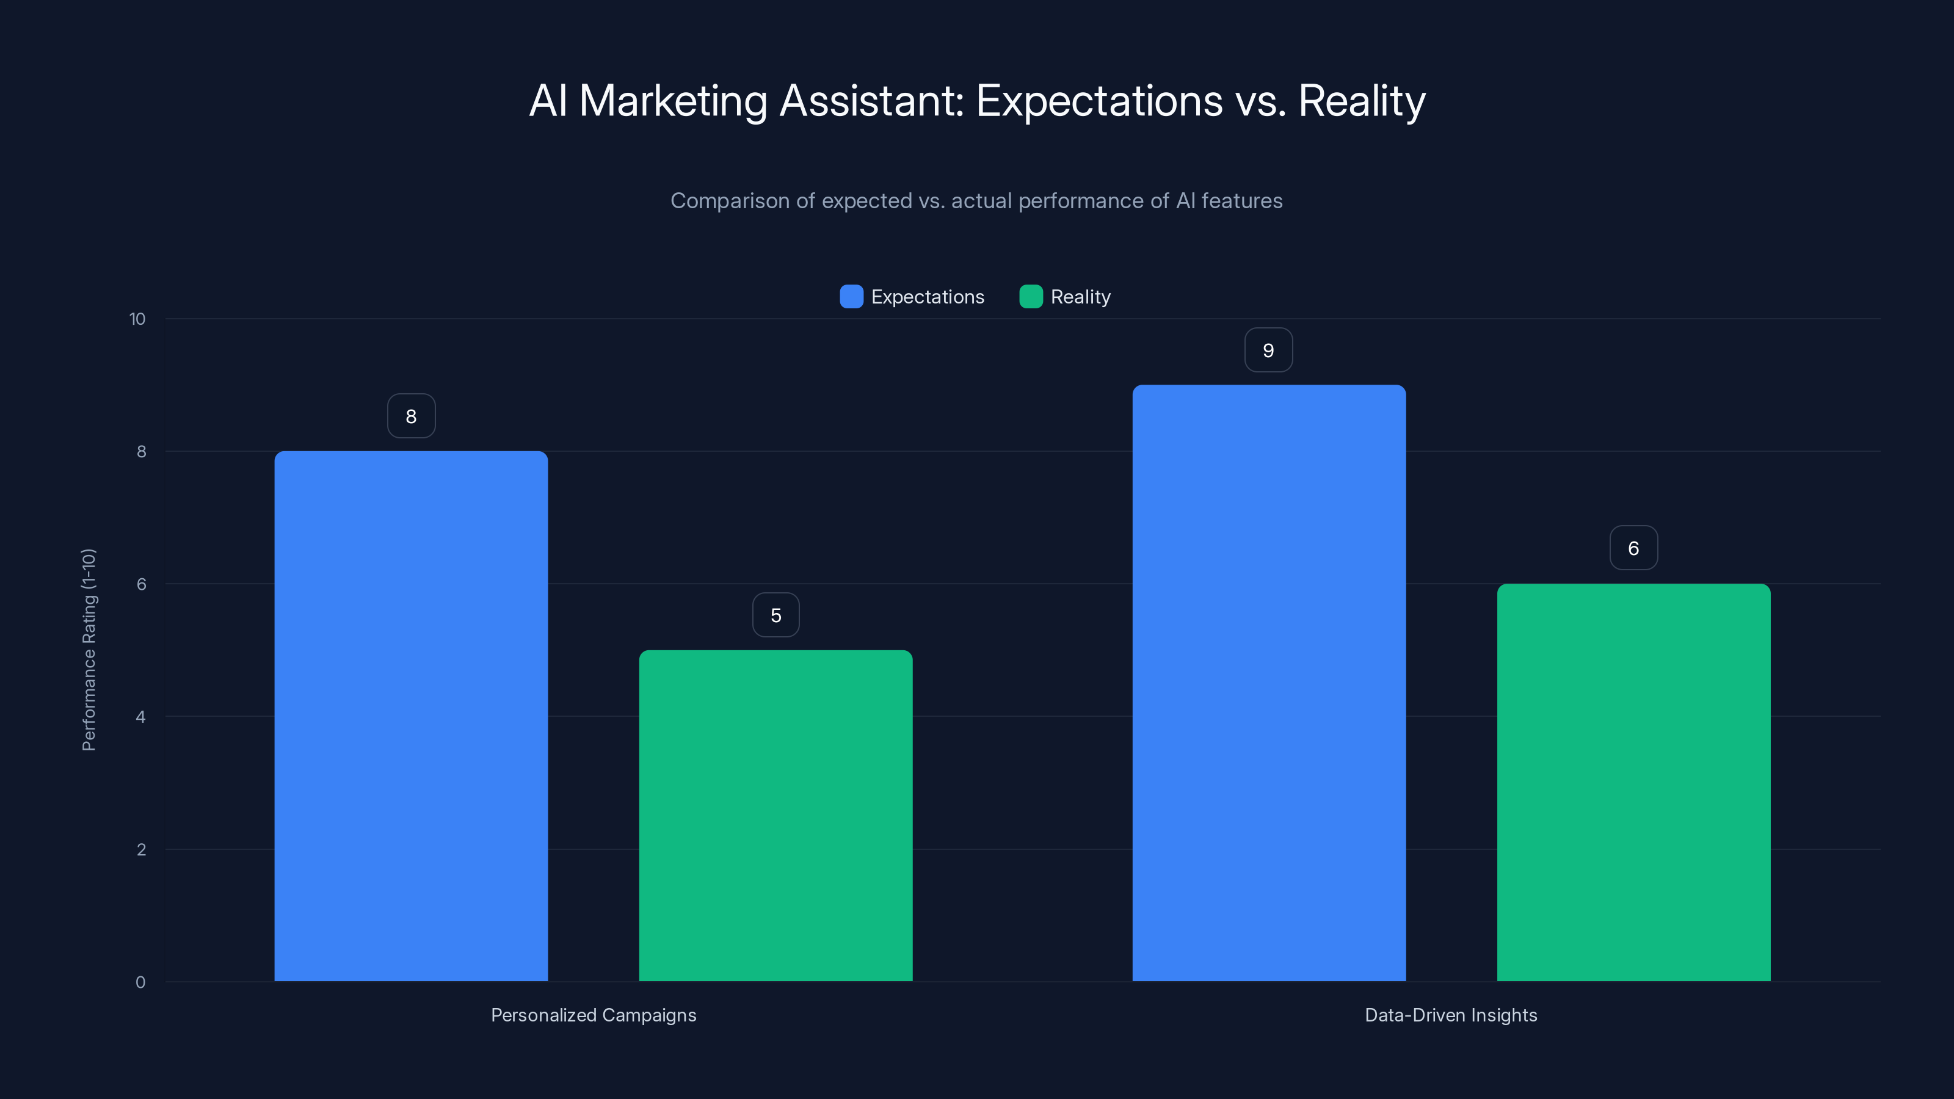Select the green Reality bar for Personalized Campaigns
click(775, 814)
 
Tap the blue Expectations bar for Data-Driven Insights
click(1268, 683)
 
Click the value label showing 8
click(411, 416)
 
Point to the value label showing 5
click(775, 615)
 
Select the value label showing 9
click(1268, 350)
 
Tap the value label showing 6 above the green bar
click(1633, 548)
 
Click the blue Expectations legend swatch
click(851, 297)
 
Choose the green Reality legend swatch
click(1031, 297)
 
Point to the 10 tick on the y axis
click(137, 319)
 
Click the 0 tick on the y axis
click(140, 982)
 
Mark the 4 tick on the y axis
click(140, 717)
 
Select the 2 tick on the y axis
click(140, 849)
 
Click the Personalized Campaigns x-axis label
click(593, 1015)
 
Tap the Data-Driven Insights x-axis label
click(1450, 1015)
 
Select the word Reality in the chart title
click(1362, 101)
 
